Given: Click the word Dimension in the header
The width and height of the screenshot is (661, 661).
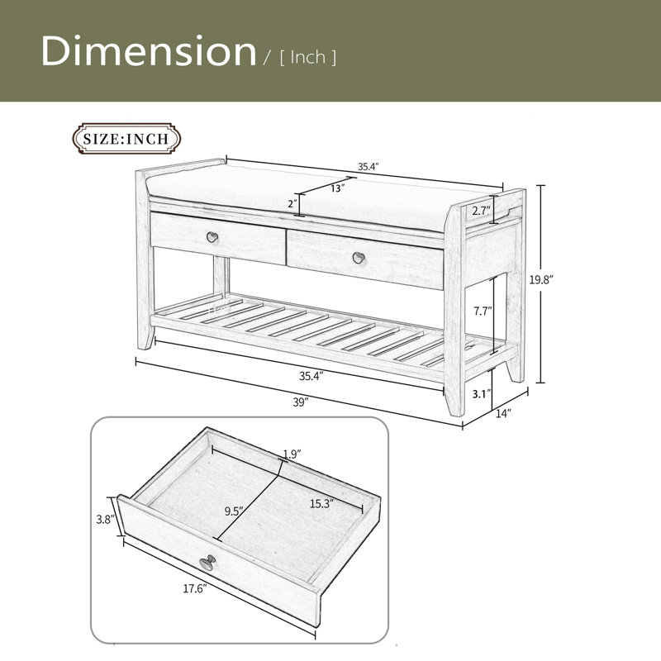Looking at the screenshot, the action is click(x=149, y=50).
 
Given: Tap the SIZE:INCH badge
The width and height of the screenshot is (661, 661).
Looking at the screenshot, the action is click(x=126, y=139).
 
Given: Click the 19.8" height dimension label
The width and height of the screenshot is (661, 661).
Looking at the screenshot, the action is click(x=541, y=280).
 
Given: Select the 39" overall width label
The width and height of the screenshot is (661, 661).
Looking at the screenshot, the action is click(x=301, y=402).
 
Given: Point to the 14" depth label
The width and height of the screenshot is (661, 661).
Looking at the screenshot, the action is click(x=503, y=413).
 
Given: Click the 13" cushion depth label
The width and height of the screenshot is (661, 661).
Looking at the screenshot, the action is click(x=337, y=188).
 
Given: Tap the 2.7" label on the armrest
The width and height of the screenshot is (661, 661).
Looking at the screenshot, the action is click(x=481, y=211).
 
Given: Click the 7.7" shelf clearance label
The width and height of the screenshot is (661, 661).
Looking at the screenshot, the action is click(x=483, y=311).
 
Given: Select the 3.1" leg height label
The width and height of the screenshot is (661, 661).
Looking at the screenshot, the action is click(x=482, y=395).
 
